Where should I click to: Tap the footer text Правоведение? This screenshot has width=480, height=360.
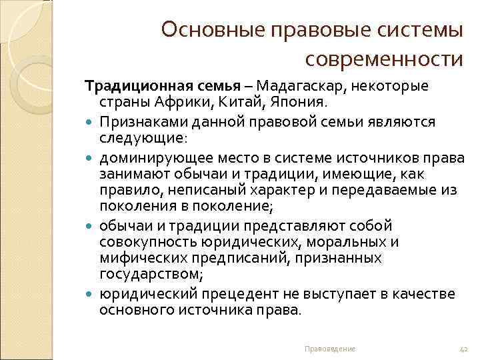tap(329, 349)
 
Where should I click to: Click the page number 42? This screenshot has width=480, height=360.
tap(465, 349)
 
